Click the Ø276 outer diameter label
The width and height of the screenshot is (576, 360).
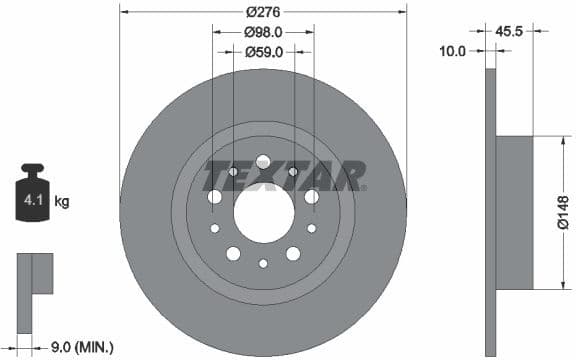pyautogui.click(x=264, y=11)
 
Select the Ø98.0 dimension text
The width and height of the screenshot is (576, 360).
pyautogui.click(x=264, y=32)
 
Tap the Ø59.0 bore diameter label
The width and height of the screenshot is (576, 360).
pyautogui.click(x=264, y=52)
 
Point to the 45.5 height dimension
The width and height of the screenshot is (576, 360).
pyautogui.click(x=511, y=32)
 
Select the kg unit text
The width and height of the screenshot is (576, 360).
pyautogui.click(x=61, y=202)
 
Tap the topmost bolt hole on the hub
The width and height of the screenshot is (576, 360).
pyautogui.click(x=263, y=162)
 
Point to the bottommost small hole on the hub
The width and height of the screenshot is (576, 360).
pyautogui.click(x=263, y=264)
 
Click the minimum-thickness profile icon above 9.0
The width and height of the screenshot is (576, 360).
pyautogui.click(x=33, y=279)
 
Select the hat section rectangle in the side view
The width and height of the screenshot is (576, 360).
pyautogui.click(x=514, y=213)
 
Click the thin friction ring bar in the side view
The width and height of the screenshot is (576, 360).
pyautogui.click(x=490, y=213)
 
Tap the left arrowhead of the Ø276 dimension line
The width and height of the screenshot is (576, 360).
pyautogui.click(x=124, y=11)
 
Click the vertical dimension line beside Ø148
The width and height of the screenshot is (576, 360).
pyautogui.click(x=548, y=213)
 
